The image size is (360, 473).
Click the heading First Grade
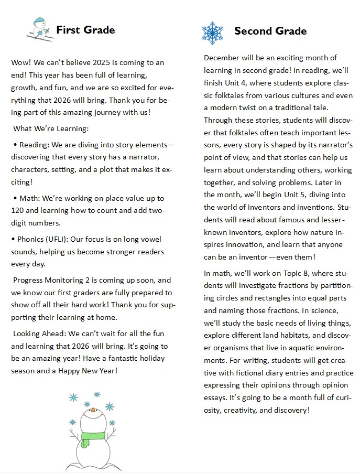click(x=85, y=30)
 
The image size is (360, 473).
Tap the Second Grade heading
click(x=270, y=31)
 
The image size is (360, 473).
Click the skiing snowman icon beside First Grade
click(x=40, y=28)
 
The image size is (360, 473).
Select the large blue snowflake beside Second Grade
click(x=212, y=33)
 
